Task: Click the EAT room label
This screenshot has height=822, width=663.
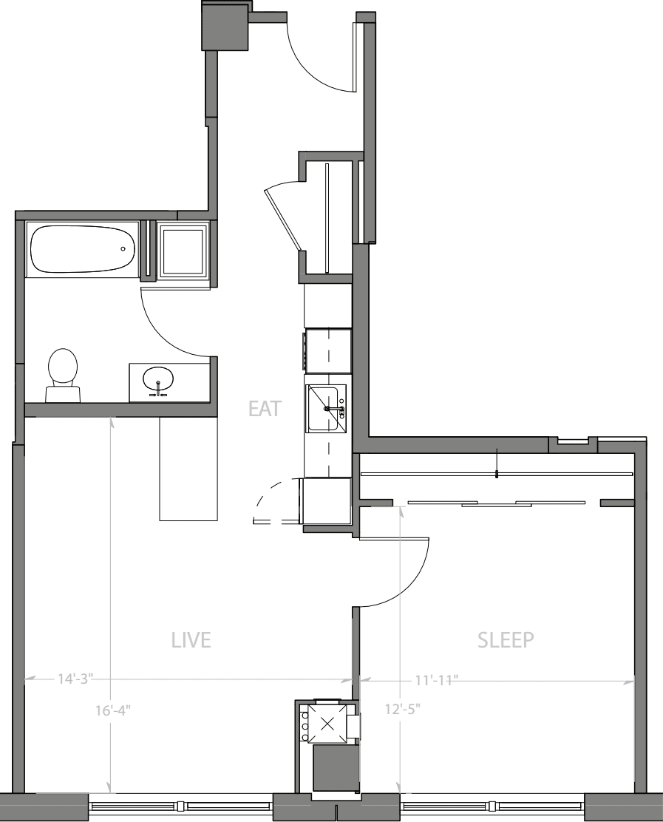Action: pyautogui.click(x=265, y=408)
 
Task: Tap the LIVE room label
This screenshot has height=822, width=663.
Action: pyautogui.click(x=191, y=639)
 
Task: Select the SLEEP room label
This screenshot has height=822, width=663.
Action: pyautogui.click(x=506, y=639)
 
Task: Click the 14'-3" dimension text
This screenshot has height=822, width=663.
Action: pyautogui.click(x=75, y=678)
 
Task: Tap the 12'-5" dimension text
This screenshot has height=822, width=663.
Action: pyautogui.click(x=401, y=710)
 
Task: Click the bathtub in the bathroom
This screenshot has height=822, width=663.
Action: pyautogui.click(x=82, y=249)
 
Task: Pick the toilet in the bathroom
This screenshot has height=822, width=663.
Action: pyautogui.click(x=63, y=373)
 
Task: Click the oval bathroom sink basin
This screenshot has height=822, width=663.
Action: pyautogui.click(x=158, y=380)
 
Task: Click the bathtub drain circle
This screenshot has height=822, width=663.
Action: pyautogui.click(x=123, y=249)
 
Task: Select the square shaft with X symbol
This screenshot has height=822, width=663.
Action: pyautogui.click(x=326, y=721)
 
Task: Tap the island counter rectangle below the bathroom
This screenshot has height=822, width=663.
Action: pyautogui.click(x=188, y=469)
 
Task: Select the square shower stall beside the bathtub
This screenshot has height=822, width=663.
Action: pyautogui.click(x=183, y=251)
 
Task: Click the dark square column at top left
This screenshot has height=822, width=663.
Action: pyautogui.click(x=224, y=25)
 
